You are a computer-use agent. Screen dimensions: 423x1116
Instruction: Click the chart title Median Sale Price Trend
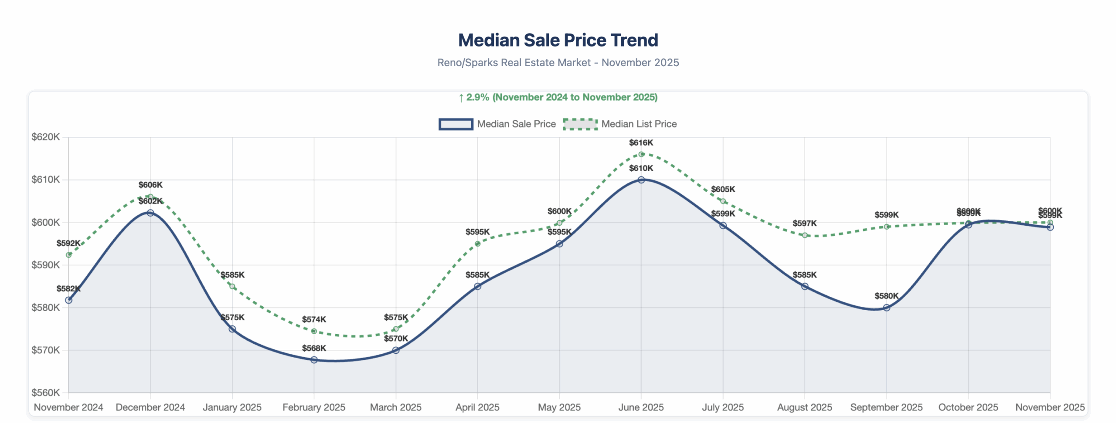[558, 40]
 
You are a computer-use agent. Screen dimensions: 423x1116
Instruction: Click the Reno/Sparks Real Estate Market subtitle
[558, 63]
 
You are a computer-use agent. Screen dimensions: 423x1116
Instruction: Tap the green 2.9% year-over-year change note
[558, 97]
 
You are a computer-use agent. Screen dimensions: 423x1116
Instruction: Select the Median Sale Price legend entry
[497, 124]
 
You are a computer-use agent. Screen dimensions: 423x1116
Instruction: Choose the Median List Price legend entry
[620, 124]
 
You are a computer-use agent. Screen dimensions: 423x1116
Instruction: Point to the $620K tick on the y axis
[46, 137]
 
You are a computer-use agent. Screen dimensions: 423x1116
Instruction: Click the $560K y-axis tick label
[46, 393]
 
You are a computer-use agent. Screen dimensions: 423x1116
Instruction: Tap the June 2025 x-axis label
[641, 407]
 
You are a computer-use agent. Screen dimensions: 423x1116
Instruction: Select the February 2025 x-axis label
[314, 407]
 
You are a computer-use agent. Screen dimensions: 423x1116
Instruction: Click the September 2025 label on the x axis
[886, 407]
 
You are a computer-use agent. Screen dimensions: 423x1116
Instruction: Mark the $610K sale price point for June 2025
[641, 180]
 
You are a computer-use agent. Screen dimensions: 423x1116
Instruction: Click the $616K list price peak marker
[641, 154]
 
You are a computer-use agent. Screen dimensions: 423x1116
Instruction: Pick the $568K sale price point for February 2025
[314, 360]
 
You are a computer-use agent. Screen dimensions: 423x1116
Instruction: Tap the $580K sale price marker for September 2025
[886, 308]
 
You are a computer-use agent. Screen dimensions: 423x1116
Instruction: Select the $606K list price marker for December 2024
[150, 197]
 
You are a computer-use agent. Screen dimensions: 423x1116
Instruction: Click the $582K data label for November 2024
[68, 289]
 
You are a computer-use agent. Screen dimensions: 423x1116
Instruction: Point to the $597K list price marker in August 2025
[805, 235]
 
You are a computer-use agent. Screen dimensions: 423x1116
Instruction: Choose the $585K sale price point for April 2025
[478, 286]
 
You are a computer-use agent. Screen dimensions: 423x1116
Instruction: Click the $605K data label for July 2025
[723, 190]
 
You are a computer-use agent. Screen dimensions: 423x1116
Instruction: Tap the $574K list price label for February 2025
[314, 319]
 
